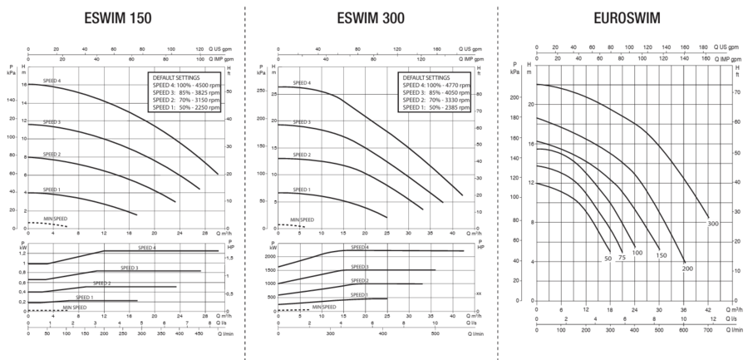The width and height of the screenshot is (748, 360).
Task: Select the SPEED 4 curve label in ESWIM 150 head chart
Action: point(52,81)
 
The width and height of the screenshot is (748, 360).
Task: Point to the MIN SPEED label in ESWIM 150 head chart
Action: point(56,218)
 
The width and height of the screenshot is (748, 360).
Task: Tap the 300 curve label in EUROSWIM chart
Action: point(713,224)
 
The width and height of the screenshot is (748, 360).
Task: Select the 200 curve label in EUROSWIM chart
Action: point(687,268)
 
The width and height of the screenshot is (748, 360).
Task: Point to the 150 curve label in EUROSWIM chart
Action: point(662,254)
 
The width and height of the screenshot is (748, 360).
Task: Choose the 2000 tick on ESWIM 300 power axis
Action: point(269,256)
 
